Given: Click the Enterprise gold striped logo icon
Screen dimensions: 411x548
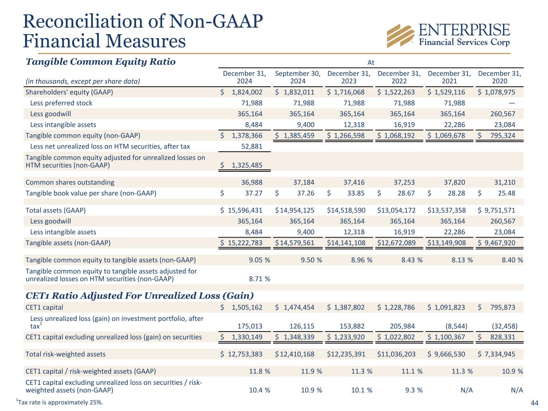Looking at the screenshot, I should [x=400, y=35].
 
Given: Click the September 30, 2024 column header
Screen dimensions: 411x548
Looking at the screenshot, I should [x=297, y=77].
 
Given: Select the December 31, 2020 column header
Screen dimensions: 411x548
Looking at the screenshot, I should [x=499, y=77].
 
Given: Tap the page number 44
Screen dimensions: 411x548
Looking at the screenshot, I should [x=534, y=403].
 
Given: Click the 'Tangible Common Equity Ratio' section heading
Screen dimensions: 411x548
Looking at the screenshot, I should [x=100, y=62].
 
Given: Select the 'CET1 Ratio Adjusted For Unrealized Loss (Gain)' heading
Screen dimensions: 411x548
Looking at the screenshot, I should [x=139, y=296].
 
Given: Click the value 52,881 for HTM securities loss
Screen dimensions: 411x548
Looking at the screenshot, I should [x=251, y=146].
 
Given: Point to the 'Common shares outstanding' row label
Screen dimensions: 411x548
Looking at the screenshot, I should [x=69, y=182].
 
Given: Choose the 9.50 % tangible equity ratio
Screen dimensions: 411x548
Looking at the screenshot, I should [x=311, y=260].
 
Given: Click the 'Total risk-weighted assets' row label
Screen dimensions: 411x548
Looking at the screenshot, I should [x=65, y=354].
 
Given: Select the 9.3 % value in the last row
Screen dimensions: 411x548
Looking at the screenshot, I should [x=412, y=390].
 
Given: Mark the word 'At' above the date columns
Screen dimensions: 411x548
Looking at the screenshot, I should [x=371, y=62].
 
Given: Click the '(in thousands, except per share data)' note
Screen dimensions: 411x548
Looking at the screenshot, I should [x=82, y=81].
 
